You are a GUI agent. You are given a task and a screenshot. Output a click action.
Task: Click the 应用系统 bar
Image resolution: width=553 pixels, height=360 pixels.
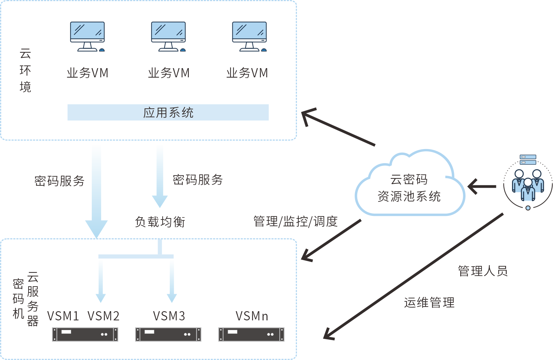click(168, 112)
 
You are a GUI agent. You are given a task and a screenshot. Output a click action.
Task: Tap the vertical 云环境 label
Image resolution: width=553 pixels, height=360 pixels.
click(25, 70)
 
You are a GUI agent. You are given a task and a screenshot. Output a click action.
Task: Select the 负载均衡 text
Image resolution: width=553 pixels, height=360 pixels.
click(160, 221)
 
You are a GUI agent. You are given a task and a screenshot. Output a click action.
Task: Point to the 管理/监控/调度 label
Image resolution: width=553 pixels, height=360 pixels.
click(295, 221)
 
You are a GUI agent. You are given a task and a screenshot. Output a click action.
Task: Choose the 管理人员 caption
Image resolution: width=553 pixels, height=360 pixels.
click(483, 271)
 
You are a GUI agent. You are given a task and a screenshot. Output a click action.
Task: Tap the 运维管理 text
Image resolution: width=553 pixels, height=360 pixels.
click(429, 302)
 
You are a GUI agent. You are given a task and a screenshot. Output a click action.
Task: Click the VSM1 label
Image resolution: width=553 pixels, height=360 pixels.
click(63, 316)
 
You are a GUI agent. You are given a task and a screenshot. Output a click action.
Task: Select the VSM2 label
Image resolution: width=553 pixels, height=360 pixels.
click(104, 316)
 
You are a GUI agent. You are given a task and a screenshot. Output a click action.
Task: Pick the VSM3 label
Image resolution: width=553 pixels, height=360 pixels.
click(169, 316)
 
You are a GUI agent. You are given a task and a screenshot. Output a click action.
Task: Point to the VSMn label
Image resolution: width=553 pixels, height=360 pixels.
click(252, 316)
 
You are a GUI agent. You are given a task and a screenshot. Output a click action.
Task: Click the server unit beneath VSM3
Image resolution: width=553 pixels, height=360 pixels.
click(168, 334)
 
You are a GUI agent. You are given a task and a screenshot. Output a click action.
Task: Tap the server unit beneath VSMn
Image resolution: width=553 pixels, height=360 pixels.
click(251, 334)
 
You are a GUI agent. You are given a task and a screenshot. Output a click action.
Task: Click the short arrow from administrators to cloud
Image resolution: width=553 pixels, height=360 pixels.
click(482, 186)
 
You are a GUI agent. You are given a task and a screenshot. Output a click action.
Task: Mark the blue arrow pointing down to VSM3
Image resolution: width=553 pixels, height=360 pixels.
click(172, 280)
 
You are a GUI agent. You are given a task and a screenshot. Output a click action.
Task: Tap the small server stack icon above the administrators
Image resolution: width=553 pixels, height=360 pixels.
click(528, 160)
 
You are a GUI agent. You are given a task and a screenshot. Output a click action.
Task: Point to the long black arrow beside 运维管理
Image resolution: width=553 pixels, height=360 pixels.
click(413, 276)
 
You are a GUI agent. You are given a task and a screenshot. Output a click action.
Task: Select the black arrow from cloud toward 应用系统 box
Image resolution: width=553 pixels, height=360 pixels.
click(338, 126)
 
